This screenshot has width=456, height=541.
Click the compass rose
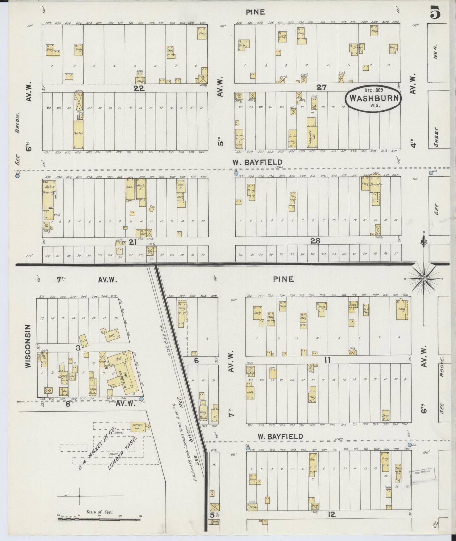click(424, 279)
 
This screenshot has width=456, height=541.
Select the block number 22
click(139, 88)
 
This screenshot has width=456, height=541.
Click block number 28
click(315, 241)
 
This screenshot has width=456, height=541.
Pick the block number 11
click(327, 359)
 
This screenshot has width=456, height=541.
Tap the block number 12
click(331, 514)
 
